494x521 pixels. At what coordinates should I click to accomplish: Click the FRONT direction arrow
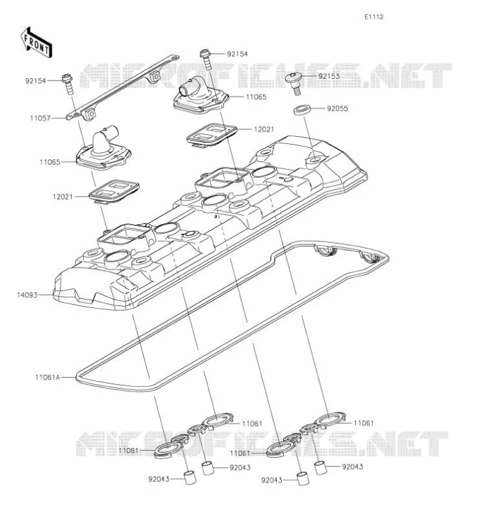(x=36, y=42)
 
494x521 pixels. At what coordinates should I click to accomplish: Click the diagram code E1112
(x=374, y=17)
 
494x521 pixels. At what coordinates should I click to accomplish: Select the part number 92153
(x=329, y=76)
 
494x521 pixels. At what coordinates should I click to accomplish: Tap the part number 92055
(x=337, y=109)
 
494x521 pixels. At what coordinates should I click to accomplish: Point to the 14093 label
(x=27, y=295)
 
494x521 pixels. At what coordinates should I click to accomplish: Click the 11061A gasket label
(x=48, y=377)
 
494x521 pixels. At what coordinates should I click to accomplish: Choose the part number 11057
(x=40, y=118)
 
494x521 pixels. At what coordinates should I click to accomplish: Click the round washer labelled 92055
(x=302, y=109)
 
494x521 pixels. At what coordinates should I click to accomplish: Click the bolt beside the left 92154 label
(x=68, y=85)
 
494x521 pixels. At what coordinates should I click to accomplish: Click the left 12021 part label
(x=62, y=197)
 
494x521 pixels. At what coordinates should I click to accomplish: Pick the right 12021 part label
(x=264, y=129)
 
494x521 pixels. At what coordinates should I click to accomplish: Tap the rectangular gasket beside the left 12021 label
(x=114, y=191)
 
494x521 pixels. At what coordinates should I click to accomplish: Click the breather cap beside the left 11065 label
(x=103, y=148)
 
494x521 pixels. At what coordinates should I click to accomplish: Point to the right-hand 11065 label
(x=256, y=97)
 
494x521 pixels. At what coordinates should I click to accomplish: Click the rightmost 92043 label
(x=353, y=466)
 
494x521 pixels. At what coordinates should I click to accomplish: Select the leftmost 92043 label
(x=159, y=479)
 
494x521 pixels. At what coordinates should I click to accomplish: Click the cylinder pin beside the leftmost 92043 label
(x=190, y=477)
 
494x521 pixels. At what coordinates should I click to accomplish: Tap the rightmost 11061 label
(x=364, y=423)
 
